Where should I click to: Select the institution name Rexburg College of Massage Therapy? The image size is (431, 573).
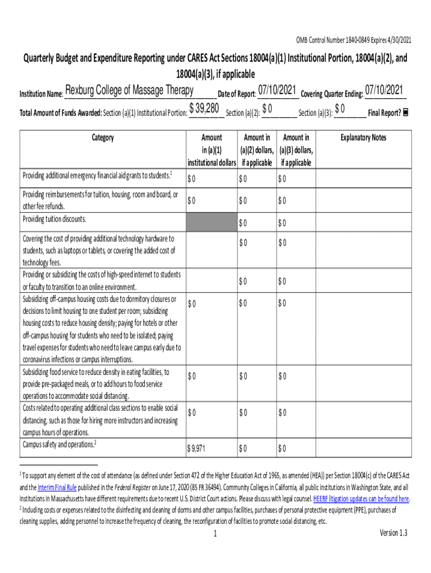[x=129, y=91]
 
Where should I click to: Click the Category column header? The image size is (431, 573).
[x=102, y=138]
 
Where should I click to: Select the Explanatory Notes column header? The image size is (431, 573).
[x=363, y=138]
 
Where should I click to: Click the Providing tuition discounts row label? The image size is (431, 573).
[x=54, y=219]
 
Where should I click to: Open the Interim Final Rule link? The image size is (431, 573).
[x=59, y=487]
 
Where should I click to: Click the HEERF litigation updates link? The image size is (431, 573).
[x=361, y=499]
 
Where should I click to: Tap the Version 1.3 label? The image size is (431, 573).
[x=393, y=533]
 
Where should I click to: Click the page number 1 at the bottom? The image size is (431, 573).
[x=215, y=534]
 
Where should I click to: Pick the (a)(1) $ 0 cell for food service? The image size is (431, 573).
[x=192, y=376]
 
